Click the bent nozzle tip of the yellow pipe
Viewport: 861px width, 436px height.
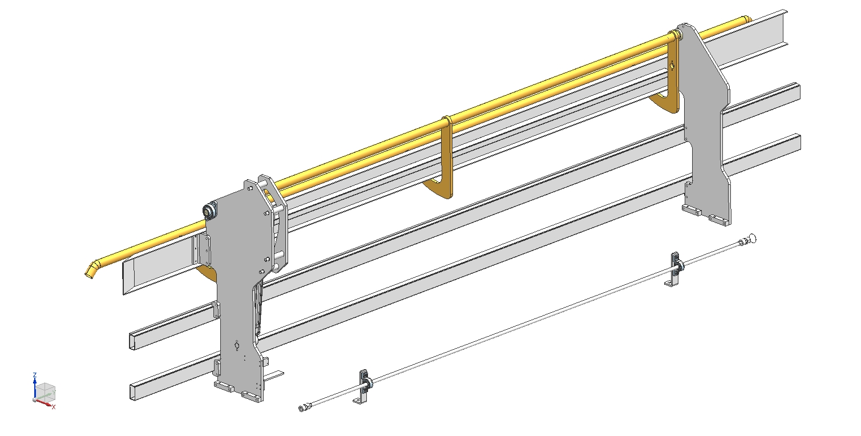point(91,270)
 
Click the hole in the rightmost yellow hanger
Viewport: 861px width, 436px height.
point(672,66)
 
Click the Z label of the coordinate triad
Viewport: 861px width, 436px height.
point(35,375)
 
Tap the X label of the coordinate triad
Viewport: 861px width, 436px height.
point(54,407)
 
